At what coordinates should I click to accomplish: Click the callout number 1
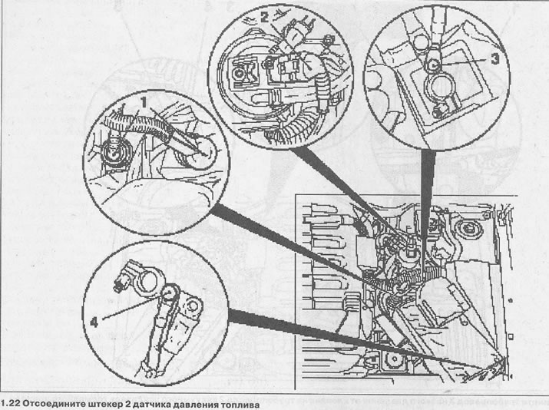click(x=144, y=102)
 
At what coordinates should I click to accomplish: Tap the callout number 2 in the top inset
click(x=264, y=16)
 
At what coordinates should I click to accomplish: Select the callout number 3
click(x=494, y=59)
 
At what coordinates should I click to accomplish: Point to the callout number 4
click(x=94, y=322)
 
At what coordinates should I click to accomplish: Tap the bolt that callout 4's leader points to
click(x=170, y=292)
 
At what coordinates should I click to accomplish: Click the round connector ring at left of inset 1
click(x=115, y=154)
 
